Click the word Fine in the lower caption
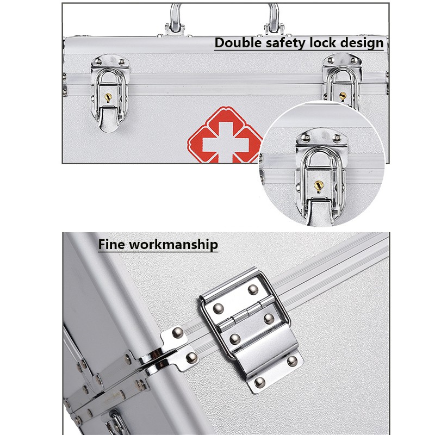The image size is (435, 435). point(112,244)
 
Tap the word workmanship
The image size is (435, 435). point(173,244)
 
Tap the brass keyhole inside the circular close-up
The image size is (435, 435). point(318,187)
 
